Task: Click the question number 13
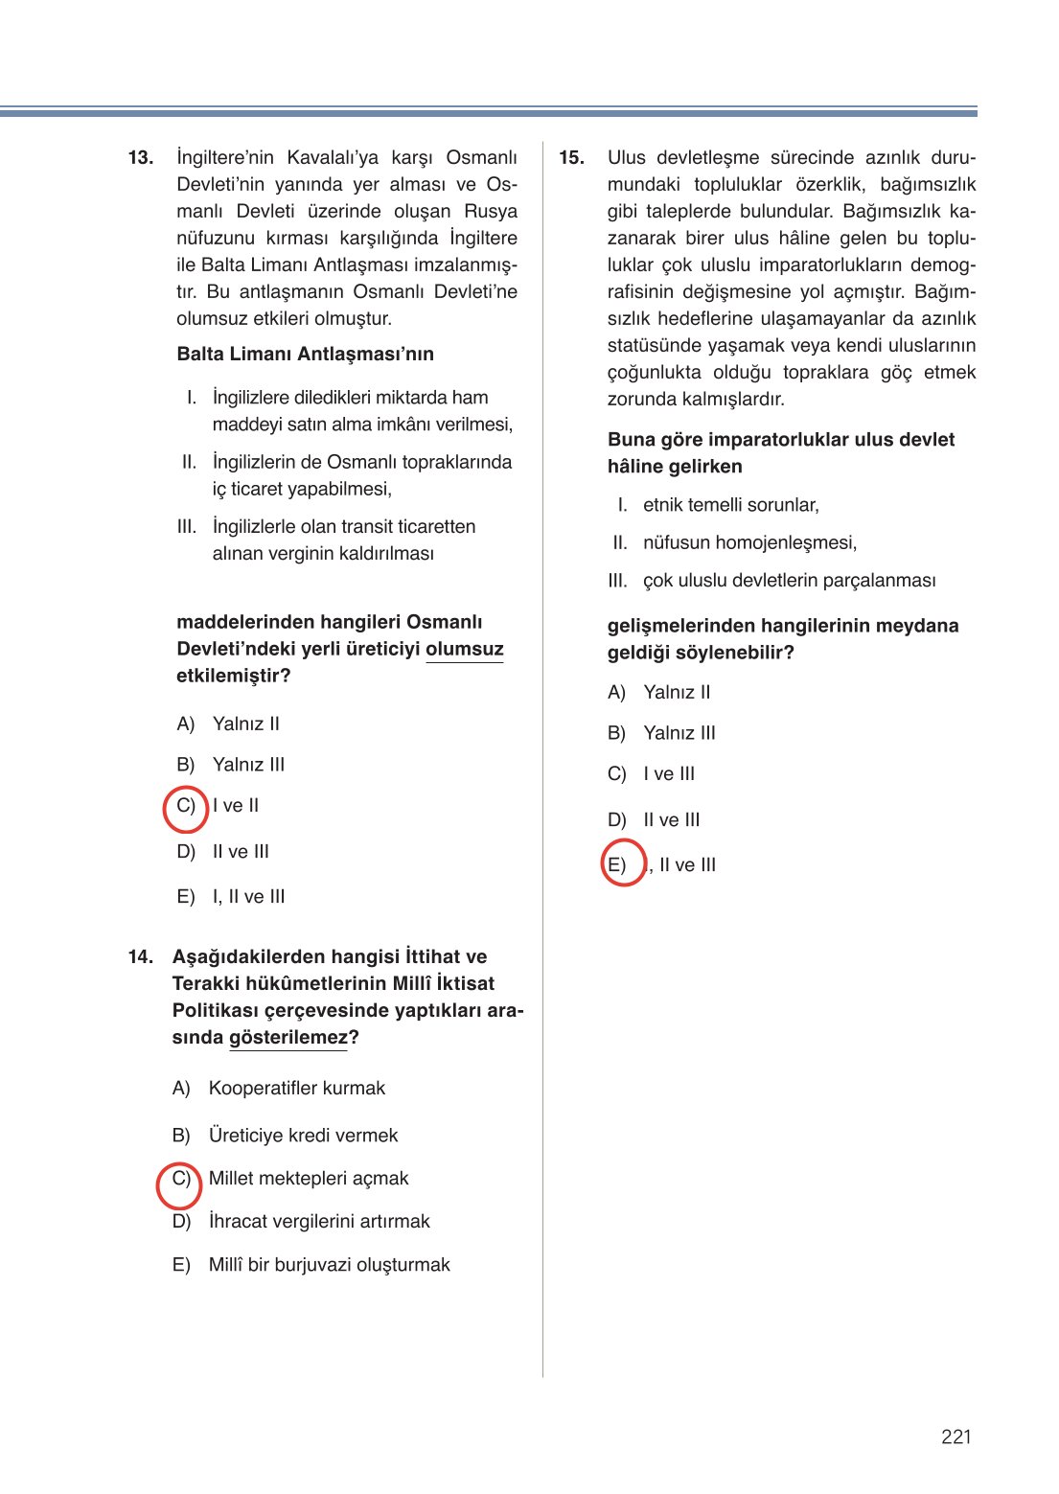click(x=140, y=158)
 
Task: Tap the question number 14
click(x=140, y=956)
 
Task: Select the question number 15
click(x=571, y=158)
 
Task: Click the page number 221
click(x=955, y=1437)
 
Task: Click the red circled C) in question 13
click(x=186, y=806)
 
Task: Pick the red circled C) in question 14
click(x=180, y=1180)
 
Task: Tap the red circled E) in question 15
click(x=619, y=864)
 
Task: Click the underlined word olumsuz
click(x=464, y=649)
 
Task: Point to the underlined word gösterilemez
click(x=288, y=1038)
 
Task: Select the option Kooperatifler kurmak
click(x=296, y=1089)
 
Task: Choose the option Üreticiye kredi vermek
click(x=303, y=1136)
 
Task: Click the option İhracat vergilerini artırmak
click(x=318, y=1222)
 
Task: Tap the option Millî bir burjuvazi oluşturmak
click(x=329, y=1265)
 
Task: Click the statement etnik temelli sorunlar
click(x=730, y=505)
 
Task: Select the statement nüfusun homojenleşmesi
click(x=749, y=543)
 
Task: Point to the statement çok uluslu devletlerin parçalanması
click(x=789, y=581)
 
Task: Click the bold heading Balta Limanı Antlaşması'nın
click(x=305, y=355)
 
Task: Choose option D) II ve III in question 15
click(x=671, y=820)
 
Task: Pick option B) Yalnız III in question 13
click(x=247, y=765)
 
